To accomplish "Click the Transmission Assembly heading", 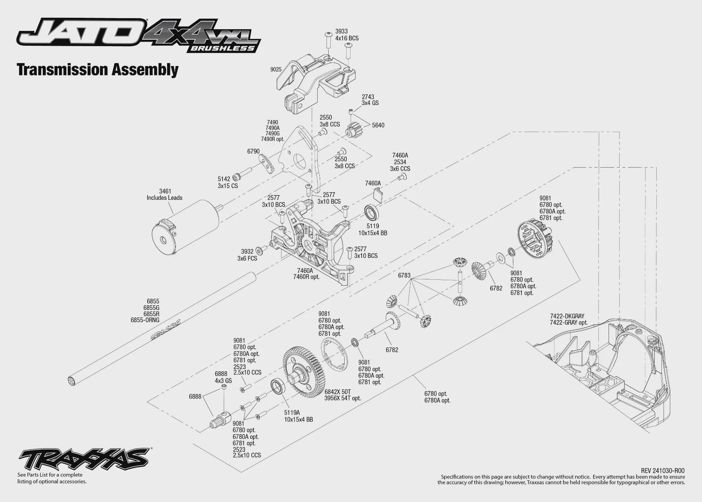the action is pos(98,70).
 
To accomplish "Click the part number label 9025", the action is pos(276,70).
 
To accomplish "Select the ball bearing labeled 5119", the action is pos(371,212).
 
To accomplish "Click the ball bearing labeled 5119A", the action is pos(278,388).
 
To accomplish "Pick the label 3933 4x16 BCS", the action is pos(347,35).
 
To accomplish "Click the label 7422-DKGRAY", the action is pos(567,316).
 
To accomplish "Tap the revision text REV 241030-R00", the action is pos(663,471).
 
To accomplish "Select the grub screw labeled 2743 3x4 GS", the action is pos(351,111).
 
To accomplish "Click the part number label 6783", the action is pos(404,276).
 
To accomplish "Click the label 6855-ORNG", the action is pos(145,320).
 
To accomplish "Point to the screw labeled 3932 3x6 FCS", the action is pos(261,250).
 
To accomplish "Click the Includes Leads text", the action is pos(165,198).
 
